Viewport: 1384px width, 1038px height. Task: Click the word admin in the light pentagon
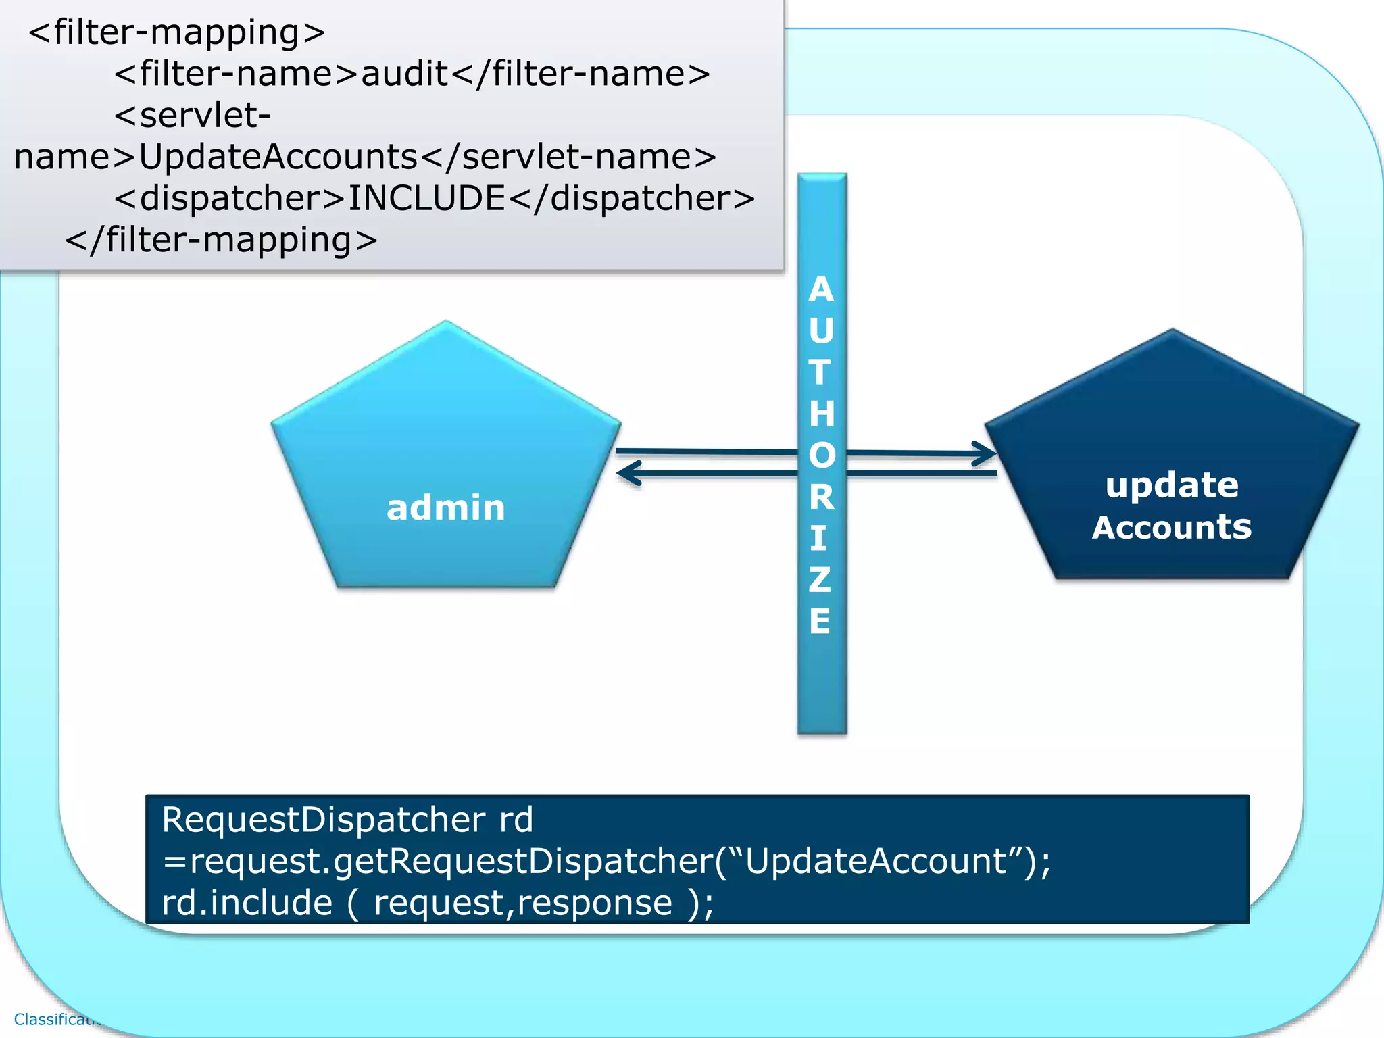445,508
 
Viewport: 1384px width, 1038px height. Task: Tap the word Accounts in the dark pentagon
1172,527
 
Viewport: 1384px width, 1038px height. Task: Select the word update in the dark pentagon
1172,485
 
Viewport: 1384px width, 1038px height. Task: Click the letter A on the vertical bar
821,290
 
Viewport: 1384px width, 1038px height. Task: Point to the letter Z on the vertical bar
820,580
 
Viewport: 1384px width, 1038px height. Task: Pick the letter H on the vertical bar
822,414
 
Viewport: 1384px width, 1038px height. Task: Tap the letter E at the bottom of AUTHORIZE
820,621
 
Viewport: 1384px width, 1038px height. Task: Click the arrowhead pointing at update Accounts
986,453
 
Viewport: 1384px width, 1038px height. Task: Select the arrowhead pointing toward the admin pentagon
628,473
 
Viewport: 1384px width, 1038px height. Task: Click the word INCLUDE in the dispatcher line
426,198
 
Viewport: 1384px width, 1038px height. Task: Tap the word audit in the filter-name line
405,74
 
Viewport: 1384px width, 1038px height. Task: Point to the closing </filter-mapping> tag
221,240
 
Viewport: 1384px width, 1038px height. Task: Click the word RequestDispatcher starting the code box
323,820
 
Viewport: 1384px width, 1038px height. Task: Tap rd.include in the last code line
247,903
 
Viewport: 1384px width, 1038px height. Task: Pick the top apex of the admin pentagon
446,323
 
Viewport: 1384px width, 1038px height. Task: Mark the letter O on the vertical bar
822,455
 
